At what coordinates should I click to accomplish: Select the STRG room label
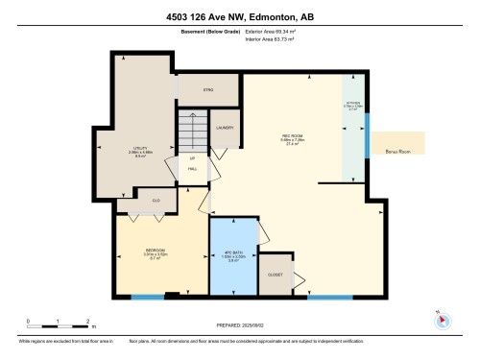tap(206, 89)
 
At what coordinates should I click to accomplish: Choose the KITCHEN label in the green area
tap(353, 105)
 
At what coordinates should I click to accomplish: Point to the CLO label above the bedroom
tap(156, 201)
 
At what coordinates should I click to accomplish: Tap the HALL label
tap(193, 169)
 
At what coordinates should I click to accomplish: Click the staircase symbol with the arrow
tap(192, 130)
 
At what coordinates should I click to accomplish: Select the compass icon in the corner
tap(440, 318)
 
